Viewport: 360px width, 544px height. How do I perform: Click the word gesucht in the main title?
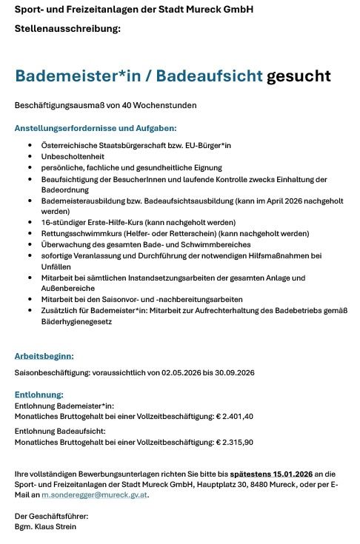(299, 76)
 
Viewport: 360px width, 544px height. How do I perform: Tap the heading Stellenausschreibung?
(67, 29)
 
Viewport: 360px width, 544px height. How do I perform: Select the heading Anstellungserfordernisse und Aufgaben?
(96, 128)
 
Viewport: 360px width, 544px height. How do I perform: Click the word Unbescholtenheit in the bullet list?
(73, 157)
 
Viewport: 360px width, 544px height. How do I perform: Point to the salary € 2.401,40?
(235, 416)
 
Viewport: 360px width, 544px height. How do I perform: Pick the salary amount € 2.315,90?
(235, 442)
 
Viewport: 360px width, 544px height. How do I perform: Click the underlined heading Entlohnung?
(39, 394)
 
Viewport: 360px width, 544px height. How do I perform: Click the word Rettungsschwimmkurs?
(81, 233)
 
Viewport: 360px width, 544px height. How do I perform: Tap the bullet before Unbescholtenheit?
(30, 157)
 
